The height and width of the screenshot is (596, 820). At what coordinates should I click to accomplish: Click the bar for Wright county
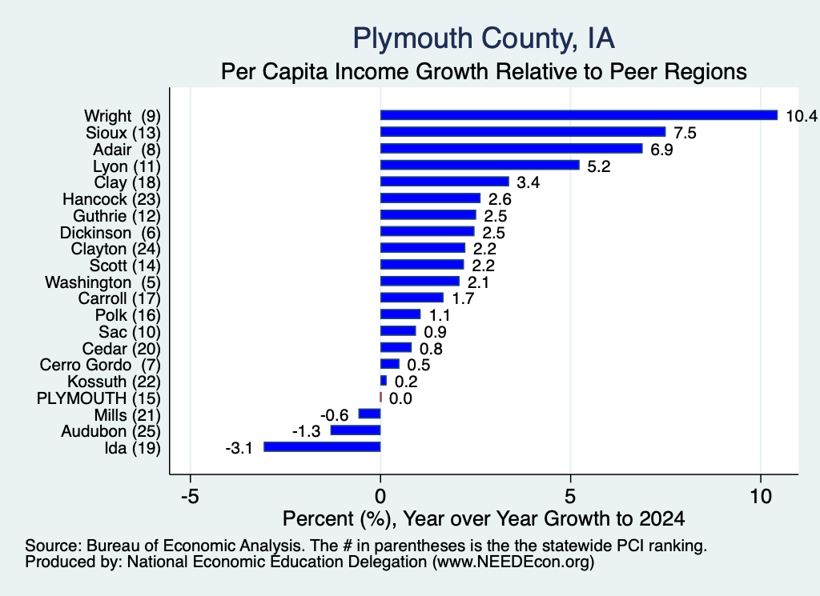pyautogui.click(x=579, y=115)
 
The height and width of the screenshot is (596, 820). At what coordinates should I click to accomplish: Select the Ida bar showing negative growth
pyautogui.click(x=322, y=446)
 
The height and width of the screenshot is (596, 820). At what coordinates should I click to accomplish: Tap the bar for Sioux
pyautogui.click(x=523, y=132)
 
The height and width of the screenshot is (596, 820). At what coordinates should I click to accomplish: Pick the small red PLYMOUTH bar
pyautogui.click(x=380, y=398)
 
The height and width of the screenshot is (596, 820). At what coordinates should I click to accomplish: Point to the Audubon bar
pyautogui.click(x=356, y=430)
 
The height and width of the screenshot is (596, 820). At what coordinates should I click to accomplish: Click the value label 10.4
pyautogui.click(x=801, y=116)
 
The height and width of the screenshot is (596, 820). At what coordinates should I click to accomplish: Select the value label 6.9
pyautogui.click(x=661, y=150)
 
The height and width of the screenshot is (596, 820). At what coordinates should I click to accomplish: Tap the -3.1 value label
pyautogui.click(x=239, y=448)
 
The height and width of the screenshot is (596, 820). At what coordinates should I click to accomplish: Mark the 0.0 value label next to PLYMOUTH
pyautogui.click(x=400, y=398)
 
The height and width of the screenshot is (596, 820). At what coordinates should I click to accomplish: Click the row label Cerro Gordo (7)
pyautogui.click(x=100, y=365)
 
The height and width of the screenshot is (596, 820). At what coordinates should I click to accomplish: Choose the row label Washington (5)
pyautogui.click(x=103, y=282)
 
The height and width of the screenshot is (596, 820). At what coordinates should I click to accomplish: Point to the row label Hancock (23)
pyautogui.click(x=112, y=199)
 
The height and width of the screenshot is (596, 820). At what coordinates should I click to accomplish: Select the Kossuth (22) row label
pyautogui.click(x=114, y=382)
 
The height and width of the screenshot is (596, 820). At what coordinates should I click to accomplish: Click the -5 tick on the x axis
pyautogui.click(x=190, y=496)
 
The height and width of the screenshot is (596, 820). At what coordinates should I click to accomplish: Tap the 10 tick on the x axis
pyautogui.click(x=761, y=496)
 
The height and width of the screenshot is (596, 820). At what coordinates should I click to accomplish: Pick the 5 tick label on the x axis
pyautogui.click(x=570, y=496)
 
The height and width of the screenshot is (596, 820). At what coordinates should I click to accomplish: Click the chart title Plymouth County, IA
pyautogui.click(x=484, y=38)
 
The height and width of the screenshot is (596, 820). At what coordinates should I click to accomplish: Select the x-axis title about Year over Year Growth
pyautogui.click(x=484, y=518)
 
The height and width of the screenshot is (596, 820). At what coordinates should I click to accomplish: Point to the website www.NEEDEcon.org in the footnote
pyautogui.click(x=513, y=562)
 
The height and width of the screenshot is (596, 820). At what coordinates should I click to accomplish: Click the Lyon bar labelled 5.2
pyautogui.click(x=480, y=165)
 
